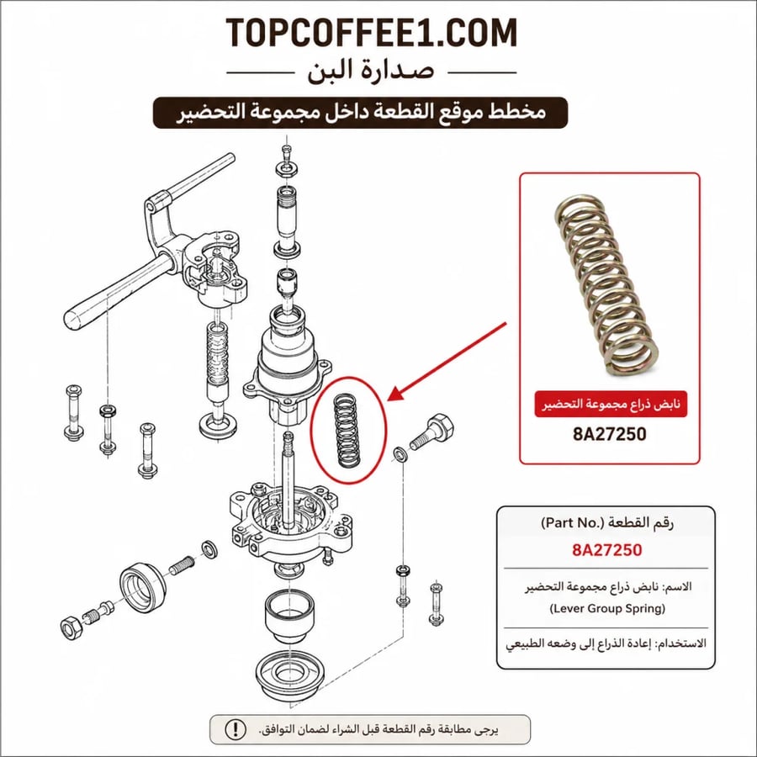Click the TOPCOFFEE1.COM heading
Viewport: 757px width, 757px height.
pyautogui.click(x=371, y=33)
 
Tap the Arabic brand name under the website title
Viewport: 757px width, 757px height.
pyautogui.click(x=371, y=71)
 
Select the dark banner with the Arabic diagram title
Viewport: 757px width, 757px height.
pyautogui.click(x=360, y=113)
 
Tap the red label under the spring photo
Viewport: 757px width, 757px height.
pyautogui.click(x=611, y=404)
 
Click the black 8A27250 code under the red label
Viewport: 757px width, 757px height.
pyautogui.click(x=609, y=434)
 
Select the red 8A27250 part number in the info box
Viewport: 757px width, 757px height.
pyautogui.click(x=606, y=550)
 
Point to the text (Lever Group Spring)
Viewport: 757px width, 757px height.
pyautogui.click(x=607, y=608)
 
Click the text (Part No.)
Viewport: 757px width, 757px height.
pyautogui.click(x=573, y=523)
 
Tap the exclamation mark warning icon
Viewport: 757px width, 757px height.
pyautogui.click(x=236, y=729)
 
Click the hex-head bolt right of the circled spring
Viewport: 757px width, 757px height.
pyautogui.click(x=431, y=431)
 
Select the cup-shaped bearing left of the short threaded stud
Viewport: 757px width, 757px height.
pyautogui.click(x=143, y=589)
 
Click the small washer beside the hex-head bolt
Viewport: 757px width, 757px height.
pyautogui.click(x=400, y=454)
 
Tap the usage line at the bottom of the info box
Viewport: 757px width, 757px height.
pyautogui.click(x=606, y=644)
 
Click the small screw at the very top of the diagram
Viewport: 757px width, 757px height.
pyautogui.click(x=287, y=151)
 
